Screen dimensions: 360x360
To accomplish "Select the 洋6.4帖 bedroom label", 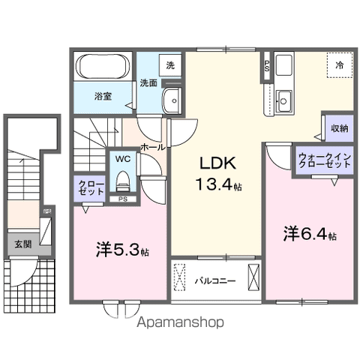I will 308,233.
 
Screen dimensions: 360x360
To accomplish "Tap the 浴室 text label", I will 103,97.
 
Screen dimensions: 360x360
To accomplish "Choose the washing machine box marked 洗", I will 170,66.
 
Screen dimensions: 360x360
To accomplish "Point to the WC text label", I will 122,159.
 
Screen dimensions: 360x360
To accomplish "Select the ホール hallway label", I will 152,148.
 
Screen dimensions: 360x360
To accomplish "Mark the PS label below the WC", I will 122,199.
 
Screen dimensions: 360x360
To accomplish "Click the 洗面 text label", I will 148,83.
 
